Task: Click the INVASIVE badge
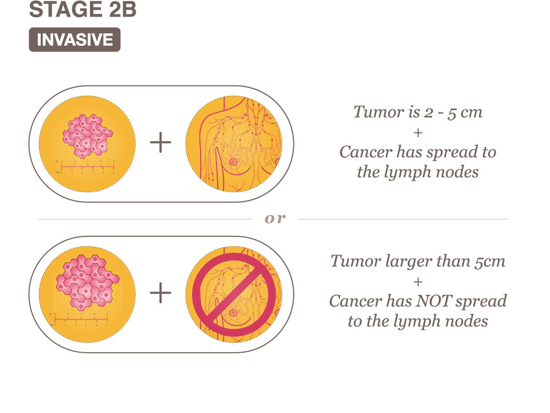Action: click(x=74, y=40)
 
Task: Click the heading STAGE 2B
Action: click(x=82, y=10)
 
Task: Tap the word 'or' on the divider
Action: click(x=275, y=219)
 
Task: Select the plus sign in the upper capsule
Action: click(x=160, y=142)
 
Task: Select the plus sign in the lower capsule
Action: click(x=160, y=293)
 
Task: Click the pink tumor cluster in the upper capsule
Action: click(x=87, y=136)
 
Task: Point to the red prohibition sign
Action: click(x=234, y=294)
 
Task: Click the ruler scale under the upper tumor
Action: click(x=87, y=167)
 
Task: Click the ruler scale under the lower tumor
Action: click(x=81, y=320)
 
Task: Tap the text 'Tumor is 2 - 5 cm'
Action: click(x=418, y=112)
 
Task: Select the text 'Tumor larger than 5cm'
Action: click(x=418, y=262)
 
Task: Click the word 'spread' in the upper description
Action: click(x=453, y=153)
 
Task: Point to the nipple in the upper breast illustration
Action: click(x=233, y=162)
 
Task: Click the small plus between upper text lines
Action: click(x=418, y=133)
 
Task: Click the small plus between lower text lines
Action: click(x=418, y=282)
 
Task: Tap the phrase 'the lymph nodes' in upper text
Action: click(x=418, y=172)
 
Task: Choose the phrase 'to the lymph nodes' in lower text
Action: click(x=418, y=321)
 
